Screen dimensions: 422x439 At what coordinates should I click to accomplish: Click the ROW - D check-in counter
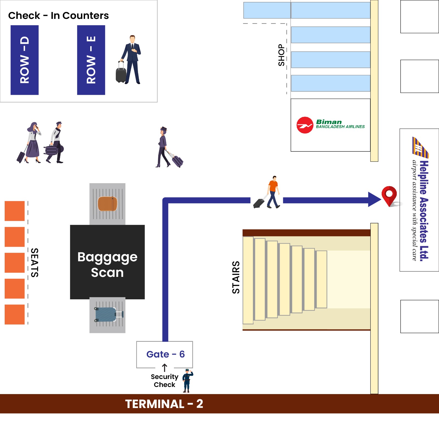(x=24, y=60)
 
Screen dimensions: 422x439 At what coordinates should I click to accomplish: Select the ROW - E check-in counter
(x=91, y=60)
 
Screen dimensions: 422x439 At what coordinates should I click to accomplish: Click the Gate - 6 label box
(x=165, y=354)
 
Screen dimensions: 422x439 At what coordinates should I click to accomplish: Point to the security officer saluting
(x=187, y=381)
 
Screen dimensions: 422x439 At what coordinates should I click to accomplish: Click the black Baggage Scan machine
(x=107, y=262)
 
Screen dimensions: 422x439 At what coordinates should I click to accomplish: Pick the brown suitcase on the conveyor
(x=108, y=204)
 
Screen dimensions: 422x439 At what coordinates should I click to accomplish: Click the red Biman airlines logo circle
(x=305, y=125)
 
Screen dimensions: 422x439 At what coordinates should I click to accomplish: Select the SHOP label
(x=282, y=55)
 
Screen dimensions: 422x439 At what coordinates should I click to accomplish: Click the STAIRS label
(x=236, y=277)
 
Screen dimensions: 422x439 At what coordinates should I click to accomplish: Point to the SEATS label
(x=35, y=263)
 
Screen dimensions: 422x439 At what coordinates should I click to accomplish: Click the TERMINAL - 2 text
(x=164, y=404)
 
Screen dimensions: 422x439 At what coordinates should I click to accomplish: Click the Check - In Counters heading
(x=58, y=16)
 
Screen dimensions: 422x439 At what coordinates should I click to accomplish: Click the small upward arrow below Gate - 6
(x=165, y=368)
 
